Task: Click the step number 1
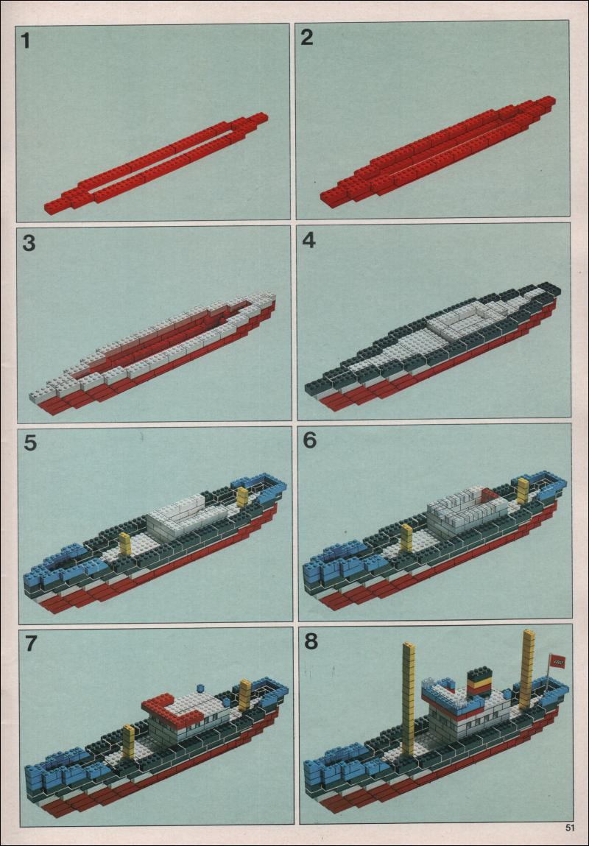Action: [x=25, y=41]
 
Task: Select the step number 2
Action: [x=306, y=38]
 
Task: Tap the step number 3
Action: [x=29, y=244]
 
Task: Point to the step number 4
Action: [x=308, y=240]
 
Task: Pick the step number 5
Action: [x=31, y=443]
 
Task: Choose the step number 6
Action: [x=310, y=440]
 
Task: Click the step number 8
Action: [x=311, y=641]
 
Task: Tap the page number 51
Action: [x=570, y=827]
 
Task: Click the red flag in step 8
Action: [x=558, y=661]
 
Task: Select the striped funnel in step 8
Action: [x=479, y=683]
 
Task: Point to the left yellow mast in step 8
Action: [x=409, y=698]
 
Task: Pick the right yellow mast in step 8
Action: [x=526, y=669]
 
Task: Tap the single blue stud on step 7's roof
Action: [x=200, y=688]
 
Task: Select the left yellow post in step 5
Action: [x=125, y=543]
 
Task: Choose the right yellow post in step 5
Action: [x=243, y=497]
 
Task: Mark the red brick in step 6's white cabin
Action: [x=489, y=495]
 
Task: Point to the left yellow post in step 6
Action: [x=406, y=538]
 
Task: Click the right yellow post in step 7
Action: [x=245, y=695]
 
